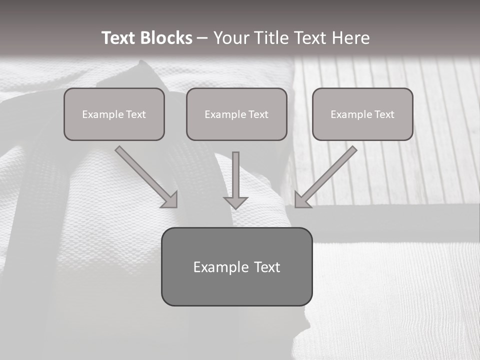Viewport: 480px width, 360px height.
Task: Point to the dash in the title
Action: (x=202, y=38)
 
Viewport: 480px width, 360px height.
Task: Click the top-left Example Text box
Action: (x=114, y=114)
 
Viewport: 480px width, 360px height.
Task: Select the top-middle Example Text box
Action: (x=236, y=114)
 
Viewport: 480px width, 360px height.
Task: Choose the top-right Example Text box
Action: (x=362, y=114)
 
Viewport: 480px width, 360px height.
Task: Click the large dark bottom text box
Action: (x=236, y=266)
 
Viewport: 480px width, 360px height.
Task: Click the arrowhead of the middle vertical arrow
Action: (x=235, y=202)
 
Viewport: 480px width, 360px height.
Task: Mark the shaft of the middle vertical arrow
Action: (x=235, y=172)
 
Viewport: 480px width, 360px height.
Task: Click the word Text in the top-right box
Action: (x=384, y=115)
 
